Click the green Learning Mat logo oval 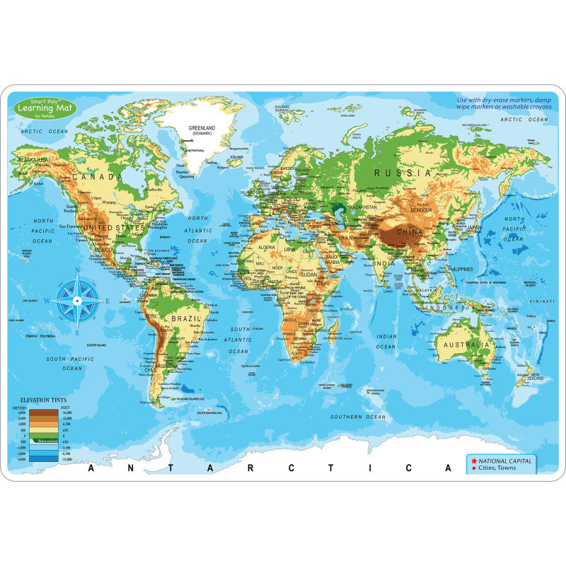[45, 107]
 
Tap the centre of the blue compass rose [78, 300]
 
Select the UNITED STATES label [115, 227]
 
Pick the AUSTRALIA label [464, 345]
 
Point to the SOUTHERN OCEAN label [358, 417]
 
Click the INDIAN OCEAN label [386, 342]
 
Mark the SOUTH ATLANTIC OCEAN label [239, 340]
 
